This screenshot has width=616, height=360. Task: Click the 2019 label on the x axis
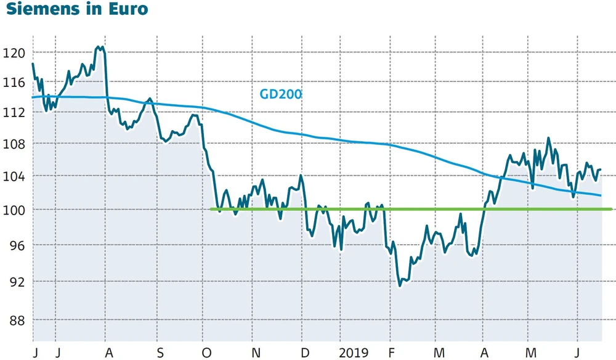pos(354,353)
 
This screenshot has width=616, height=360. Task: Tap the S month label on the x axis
pos(160,353)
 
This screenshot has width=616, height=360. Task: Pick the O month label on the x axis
pos(207,353)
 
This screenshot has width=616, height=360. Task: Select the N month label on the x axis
pos(256,353)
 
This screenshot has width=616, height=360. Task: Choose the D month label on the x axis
pos(305,353)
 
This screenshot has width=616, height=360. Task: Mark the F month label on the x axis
pos(392,353)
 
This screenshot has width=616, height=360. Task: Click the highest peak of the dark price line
pos(99,46)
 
